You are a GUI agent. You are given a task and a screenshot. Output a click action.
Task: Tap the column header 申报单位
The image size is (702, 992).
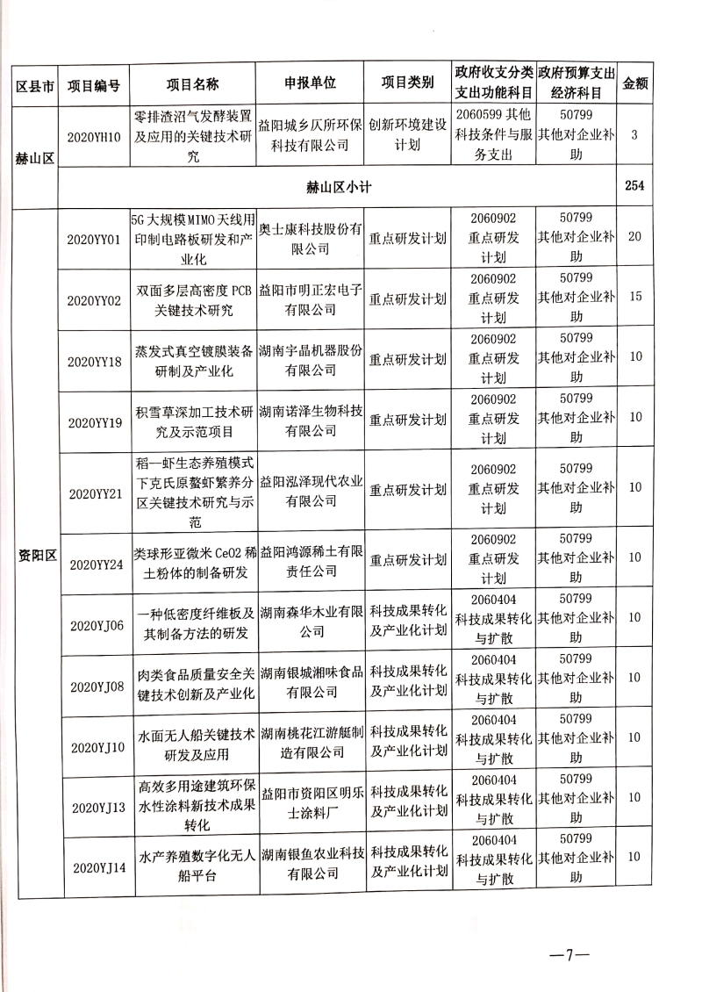point(310,84)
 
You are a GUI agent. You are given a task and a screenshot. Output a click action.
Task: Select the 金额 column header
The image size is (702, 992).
point(634,84)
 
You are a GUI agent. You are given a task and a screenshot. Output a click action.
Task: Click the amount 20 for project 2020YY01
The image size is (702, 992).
point(634,239)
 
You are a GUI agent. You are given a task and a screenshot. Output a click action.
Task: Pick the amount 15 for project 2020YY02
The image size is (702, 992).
point(634,298)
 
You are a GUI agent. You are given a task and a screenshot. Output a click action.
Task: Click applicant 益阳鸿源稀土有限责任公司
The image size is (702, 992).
point(310,557)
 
